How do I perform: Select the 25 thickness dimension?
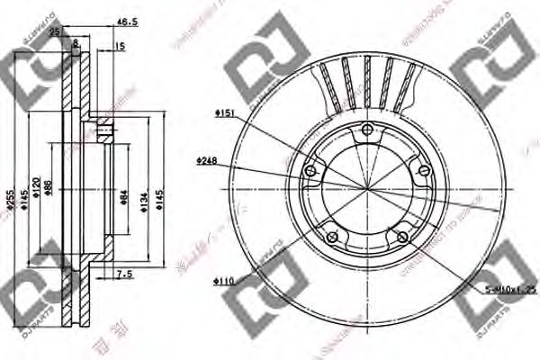56,31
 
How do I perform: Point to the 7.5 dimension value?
125,274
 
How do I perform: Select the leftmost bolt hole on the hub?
311,172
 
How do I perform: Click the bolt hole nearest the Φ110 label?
331,237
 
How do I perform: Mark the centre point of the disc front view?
365,189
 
